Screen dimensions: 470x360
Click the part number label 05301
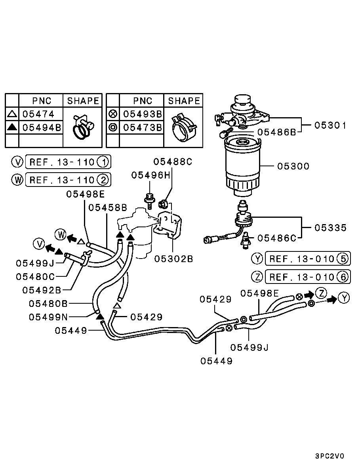(x=330, y=126)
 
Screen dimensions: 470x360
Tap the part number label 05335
(x=330, y=228)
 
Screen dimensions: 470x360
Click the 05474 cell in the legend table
(x=38, y=114)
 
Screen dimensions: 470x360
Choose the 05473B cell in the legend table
(x=142, y=127)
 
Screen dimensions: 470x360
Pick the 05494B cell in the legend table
(x=41, y=127)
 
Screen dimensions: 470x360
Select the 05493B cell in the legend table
(x=142, y=114)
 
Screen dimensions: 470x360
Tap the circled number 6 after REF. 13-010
(x=343, y=277)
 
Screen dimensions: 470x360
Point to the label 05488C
(x=173, y=162)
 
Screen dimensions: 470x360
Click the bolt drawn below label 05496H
(x=150, y=201)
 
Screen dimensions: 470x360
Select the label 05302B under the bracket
(x=173, y=259)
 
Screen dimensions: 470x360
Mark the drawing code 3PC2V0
(x=330, y=456)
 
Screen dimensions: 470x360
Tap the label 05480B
(x=48, y=304)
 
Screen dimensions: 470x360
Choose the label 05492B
(x=41, y=290)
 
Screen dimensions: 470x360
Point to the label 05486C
(x=276, y=238)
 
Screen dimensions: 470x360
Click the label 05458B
(x=107, y=207)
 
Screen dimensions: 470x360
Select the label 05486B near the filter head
(x=276, y=132)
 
